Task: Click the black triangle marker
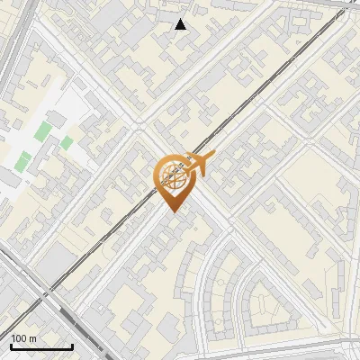click(x=181, y=24)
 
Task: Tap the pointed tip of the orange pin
click(x=172, y=211)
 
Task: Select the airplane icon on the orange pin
click(x=198, y=164)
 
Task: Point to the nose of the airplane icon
click(x=211, y=157)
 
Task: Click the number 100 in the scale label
click(x=20, y=337)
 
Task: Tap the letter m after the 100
click(x=33, y=337)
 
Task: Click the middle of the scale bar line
click(x=41, y=346)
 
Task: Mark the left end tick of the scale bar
click(x=11, y=346)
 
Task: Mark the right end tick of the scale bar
click(x=72, y=346)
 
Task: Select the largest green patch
click(x=43, y=131)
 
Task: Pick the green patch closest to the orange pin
click(x=67, y=142)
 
